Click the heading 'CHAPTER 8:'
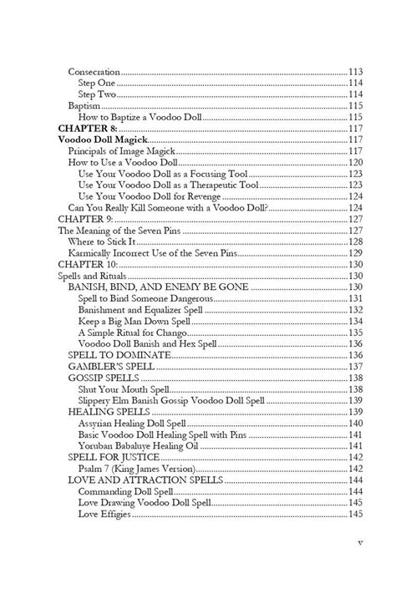click(86, 128)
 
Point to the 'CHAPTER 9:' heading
click(85, 217)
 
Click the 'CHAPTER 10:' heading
click(88, 263)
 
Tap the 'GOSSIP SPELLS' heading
click(106, 378)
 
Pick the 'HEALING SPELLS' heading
click(109, 412)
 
